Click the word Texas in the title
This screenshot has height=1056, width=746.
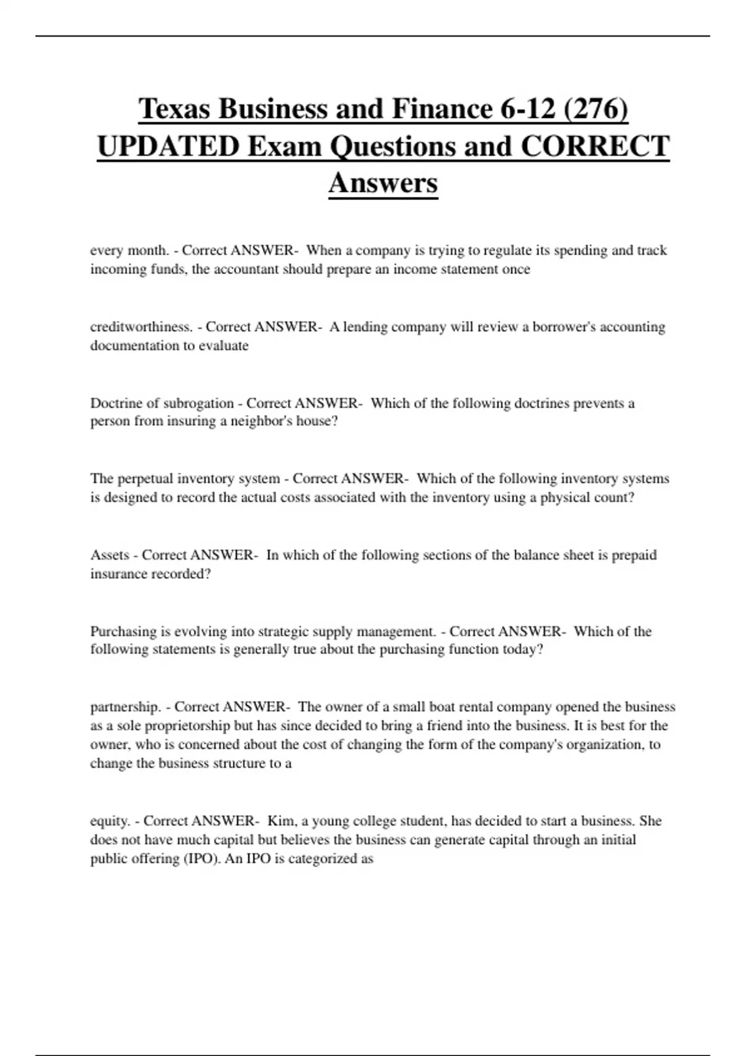[174, 109]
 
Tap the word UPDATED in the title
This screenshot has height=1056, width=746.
[168, 147]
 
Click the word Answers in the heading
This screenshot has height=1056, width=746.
[383, 183]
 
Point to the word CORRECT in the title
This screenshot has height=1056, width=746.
[595, 147]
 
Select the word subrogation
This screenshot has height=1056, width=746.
[198, 403]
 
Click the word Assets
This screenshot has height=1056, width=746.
[110, 555]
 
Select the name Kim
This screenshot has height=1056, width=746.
[281, 821]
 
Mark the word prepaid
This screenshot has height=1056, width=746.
[634, 555]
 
